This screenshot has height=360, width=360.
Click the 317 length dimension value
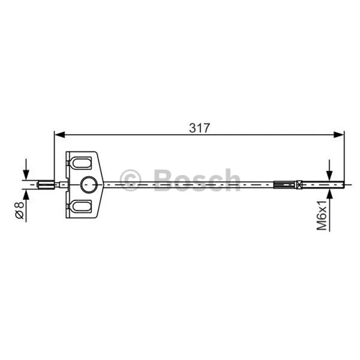199,128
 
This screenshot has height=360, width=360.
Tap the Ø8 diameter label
19,210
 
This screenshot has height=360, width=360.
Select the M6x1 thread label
322,215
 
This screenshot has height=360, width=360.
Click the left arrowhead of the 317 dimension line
60,135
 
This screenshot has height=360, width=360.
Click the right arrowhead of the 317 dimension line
339,135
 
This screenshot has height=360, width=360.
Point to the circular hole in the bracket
89,184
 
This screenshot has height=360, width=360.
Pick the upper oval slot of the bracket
81,163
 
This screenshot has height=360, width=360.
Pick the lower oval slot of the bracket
81,206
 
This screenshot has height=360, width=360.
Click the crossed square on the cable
299,184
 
